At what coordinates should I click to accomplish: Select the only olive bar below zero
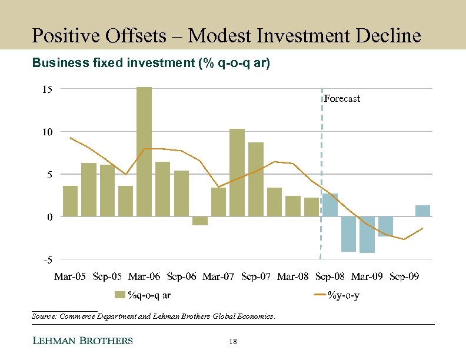[200, 221]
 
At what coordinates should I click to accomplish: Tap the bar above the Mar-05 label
[70, 201]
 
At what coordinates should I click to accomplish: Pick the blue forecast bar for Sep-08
[330, 205]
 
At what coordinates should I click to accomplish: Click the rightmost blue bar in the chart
[422, 211]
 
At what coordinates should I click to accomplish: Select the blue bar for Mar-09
[367, 234]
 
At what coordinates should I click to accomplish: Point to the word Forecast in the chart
[342, 99]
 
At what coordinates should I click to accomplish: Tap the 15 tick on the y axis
[47, 89]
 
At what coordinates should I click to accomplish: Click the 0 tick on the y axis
[50, 216]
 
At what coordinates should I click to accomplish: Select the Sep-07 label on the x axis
[256, 276]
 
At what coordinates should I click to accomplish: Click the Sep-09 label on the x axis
[404, 276]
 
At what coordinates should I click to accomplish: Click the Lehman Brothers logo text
[82, 341]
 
